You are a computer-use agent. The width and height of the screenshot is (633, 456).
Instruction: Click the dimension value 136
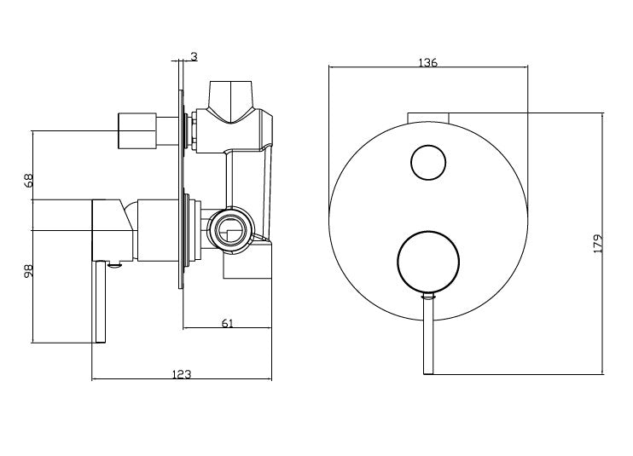pos(428,62)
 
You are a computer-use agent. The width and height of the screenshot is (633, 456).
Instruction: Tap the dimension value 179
pos(597,244)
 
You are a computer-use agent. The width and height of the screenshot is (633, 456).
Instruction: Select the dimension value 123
pos(182,374)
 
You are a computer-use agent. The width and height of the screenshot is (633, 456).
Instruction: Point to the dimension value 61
pos(228,323)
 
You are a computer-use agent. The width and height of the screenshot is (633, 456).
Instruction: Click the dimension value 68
pos(28,180)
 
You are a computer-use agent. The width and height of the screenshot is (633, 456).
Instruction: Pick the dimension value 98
pos(28,271)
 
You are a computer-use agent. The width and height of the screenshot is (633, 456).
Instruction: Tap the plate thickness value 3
pos(195,57)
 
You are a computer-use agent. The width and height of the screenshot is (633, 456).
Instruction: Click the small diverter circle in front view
pos(428,163)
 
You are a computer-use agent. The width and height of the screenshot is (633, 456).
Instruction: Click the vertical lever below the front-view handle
pos(428,334)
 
